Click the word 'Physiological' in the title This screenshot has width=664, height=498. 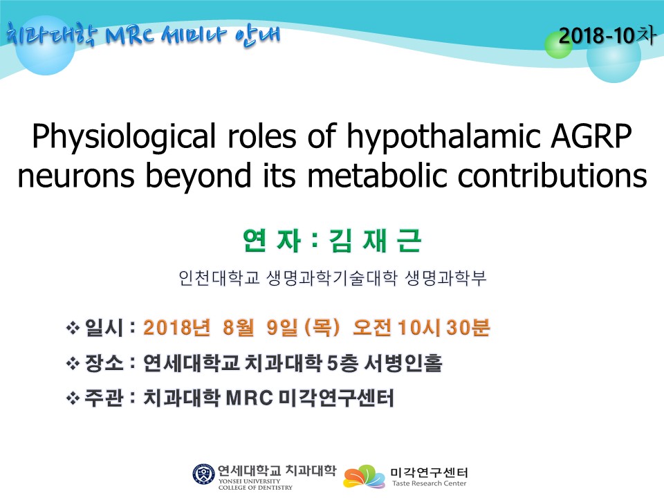pyautogui.click(x=124, y=137)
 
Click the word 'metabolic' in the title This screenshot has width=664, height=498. pyautogui.click(x=377, y=174)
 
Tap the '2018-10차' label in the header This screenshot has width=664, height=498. pyautogui.click(x=607, y=35)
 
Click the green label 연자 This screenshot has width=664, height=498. pyautogui.click(x=271, y=241)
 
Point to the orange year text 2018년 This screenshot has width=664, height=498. pyautogui.click(x=176, y=327)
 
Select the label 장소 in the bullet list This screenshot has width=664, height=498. pyautogui.click(x=104, y=363)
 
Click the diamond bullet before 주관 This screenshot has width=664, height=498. pyautogui.click(x=73, y=398)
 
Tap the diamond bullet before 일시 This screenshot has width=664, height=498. pyautogui.click(x=73, y=328)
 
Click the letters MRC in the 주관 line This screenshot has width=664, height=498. pyautogui.click(x=249, y=398)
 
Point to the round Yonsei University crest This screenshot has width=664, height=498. pyautogui.click(x=203, y=474)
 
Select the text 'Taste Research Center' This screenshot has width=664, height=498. pyautogui.click(x=429, y=483)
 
